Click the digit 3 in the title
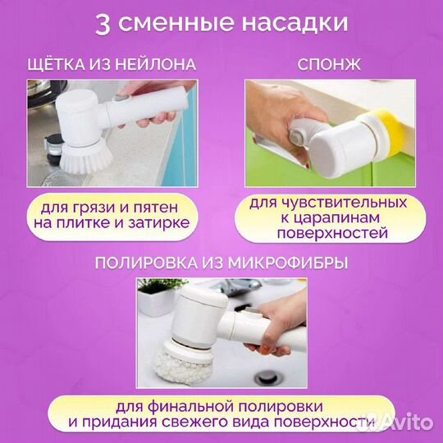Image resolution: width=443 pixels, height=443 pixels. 103,23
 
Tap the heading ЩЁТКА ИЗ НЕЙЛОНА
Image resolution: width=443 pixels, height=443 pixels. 113,66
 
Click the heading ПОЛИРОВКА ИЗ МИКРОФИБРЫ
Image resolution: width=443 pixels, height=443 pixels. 221,263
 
